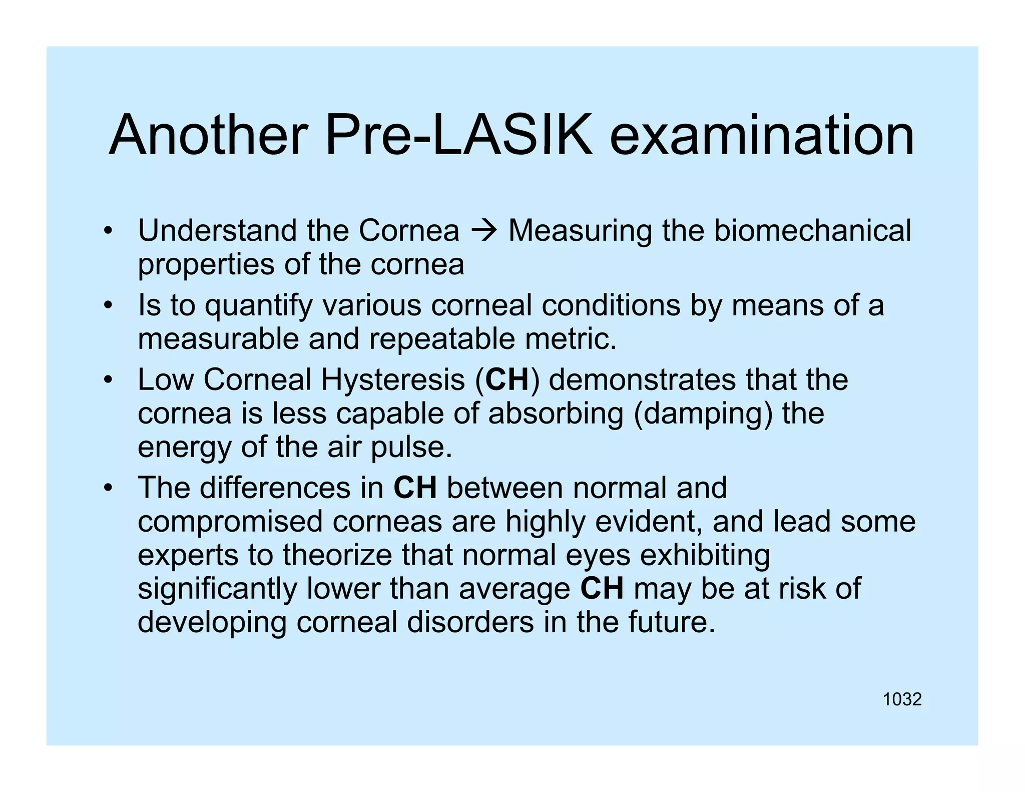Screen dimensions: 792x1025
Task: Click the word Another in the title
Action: pyautogui.click(x=208, y=135)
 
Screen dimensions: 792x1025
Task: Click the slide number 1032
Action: pyautogui.click(x=902, y=699)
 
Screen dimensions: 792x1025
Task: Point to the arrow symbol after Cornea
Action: pyautogui.click(x=483, y=231)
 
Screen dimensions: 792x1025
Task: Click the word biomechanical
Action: pyautogui.click(x=812, y=231)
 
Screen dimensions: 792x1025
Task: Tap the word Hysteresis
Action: pyautogui.click(x=393, y=380)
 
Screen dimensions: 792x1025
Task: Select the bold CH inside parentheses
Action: pyautogui.click(x=507, y=379)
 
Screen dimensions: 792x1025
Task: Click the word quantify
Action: pyautogui.click(x=259, y=306)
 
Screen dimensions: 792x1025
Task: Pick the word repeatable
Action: pyautogui.click(x=442, y=339)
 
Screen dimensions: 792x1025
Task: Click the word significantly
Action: pyautogui.click(x=217, y=589)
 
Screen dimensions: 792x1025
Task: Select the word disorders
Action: pyautogui.click(x=470, y=622)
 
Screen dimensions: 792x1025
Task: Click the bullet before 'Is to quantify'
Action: pyautogui.click(x=107, y=305)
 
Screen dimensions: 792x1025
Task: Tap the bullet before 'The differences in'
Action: pyautogui.click(x=107, y=488)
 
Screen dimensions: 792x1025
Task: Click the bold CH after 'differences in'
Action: pyautogui.click(x=415, y=488)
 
